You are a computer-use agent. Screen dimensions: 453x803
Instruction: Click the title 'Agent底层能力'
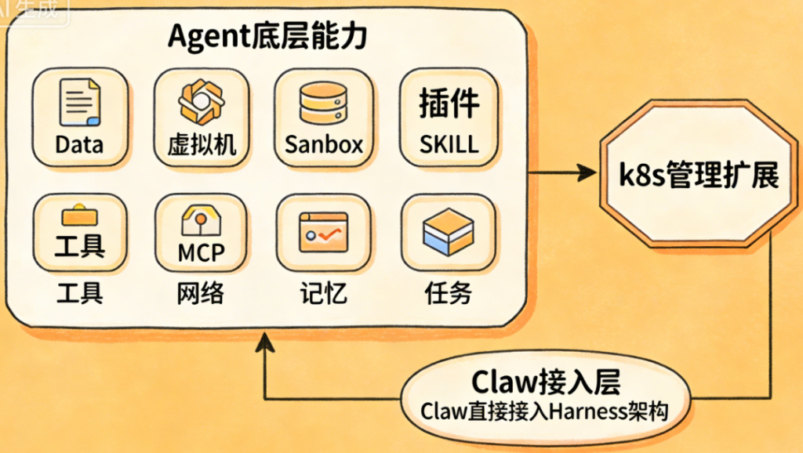click(267, 38)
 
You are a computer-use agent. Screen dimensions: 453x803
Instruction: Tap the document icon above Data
click(79, 103)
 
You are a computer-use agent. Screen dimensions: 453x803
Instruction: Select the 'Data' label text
click(79, 145)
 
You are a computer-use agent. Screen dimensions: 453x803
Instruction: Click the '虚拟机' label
click(202, 145)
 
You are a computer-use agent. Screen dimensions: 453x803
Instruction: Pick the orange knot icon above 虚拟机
click(202, 103)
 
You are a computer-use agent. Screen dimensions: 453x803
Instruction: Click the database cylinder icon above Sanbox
click(324, 103)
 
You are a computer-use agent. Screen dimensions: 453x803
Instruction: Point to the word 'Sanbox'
click(324, 145)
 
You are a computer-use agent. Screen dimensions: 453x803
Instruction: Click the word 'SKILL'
click(449, 145)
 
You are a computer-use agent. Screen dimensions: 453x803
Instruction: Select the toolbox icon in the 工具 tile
click(79, 212)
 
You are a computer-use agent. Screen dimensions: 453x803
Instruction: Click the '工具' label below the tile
click(79, 293)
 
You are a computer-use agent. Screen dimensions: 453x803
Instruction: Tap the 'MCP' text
click(201, 252)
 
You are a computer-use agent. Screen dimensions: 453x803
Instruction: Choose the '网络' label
click(201, 293)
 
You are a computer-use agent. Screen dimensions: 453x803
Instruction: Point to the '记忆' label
click(323, 293)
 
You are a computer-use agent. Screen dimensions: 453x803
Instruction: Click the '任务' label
click(448, 293)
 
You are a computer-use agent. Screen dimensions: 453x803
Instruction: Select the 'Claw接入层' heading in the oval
click(546, 382)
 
